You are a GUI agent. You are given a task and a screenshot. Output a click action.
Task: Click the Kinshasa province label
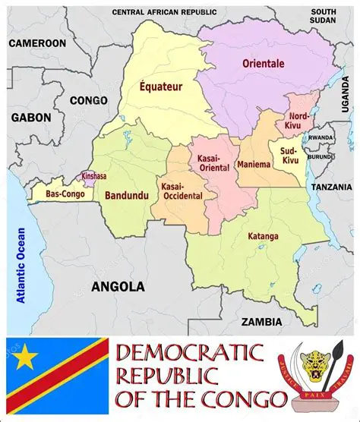94,177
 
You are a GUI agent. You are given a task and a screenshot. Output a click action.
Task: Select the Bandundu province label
126,196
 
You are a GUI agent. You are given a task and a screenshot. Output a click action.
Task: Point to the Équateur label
161,87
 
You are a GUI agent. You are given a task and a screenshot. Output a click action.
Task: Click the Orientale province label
263,64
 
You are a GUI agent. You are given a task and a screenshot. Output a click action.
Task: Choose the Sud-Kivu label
289,156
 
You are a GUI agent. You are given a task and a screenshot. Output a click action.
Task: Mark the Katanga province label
263,236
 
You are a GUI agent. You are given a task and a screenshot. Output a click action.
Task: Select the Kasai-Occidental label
182,191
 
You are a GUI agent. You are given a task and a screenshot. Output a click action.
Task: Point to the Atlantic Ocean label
21,266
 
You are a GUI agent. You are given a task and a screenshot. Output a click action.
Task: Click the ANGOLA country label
118,287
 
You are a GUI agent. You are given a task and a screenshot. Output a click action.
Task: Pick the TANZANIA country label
331,187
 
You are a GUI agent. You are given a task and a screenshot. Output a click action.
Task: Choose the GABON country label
31,118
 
